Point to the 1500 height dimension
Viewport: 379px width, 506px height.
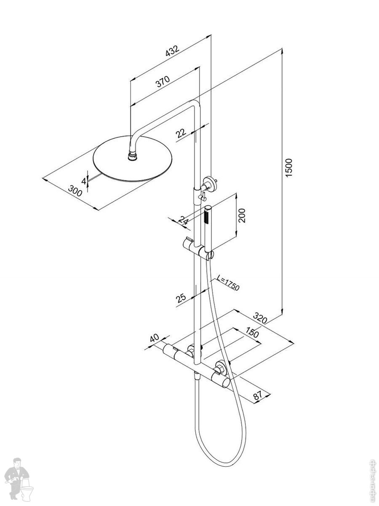(288, 167)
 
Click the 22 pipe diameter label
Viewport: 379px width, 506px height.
(181, 133)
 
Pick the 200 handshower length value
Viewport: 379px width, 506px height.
(241, 215)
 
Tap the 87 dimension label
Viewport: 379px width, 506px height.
(258, 395)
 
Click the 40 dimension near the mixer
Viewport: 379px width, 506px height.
(154, 338)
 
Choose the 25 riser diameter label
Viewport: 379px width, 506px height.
(181, 298)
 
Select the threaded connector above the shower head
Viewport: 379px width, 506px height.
(133, 156)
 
